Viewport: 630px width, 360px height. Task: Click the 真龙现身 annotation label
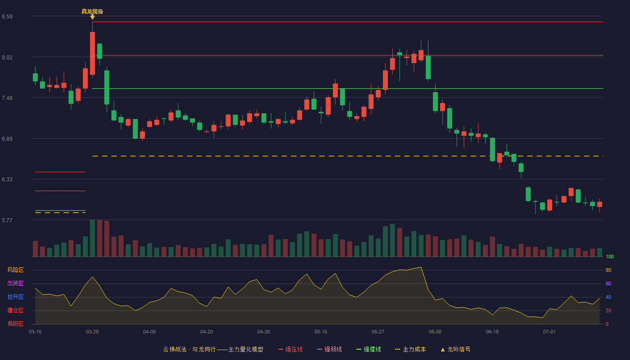click(x=92, y=12)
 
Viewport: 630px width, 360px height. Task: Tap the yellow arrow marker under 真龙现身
click(x=92, y=17)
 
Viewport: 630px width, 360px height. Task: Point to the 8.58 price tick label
click(x=7, y=17)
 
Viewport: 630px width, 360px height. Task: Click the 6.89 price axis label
click(x=7, y=139)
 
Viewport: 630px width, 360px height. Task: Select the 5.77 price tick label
click(x=7, y=220)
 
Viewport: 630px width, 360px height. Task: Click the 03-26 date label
click(x=92, y=332)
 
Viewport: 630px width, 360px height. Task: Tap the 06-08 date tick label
click(x=435, y=332)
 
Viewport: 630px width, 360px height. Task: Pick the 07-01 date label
click(x=549, y=332)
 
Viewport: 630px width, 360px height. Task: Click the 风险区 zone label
click(x=15, y=270)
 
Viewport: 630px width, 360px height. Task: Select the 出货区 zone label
click(x=15, y=283)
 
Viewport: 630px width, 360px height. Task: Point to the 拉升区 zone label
click(x=15, y=297)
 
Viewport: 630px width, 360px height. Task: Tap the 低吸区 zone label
click(x=15, y=324)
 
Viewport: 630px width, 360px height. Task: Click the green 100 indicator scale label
click(x=610, y=256)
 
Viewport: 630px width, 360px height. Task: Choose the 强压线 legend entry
click(x=290, y=349)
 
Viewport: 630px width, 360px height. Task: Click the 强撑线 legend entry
click(x=369, y=349)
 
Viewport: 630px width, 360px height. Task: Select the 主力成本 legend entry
click(x=410, y=349)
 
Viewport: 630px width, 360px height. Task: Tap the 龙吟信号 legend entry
click(x=455, y=349)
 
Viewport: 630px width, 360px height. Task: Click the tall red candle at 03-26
click(x=92, y=54)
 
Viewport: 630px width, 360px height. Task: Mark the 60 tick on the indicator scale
click(x=608, y=283)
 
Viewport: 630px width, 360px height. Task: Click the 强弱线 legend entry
click(x=329, y=349)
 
